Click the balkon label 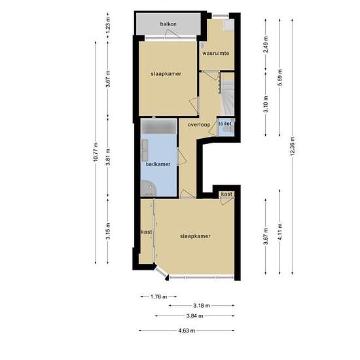pyautogui.click(x=168, y=24)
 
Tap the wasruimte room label pyautogui.click(x=215, y=53)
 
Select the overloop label pyautogui.click(x=199, y=124)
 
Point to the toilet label pyautogui.click(x=225, y=124)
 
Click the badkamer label pyautogui.click(x=158, y=164)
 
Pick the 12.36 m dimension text pyautogui.click(x=293, y=146)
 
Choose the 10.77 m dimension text pyautogui.click(x=96, y=152)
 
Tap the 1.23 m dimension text pyautogui.click(x=108, y=24)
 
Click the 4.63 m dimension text pyautogui.click(x=187, y=331)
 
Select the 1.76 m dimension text pyautogui.click(x=158, y=297)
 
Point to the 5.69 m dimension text pyautogui.click(x=279, y=77)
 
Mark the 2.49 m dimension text pyautogui.click(x=266, y=45)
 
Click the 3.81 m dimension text pyautogui.click(x=108, y=157)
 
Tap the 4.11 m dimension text pyautogui.click(x=279, y=232)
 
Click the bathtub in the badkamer pyautogui.click(x=159, y=126)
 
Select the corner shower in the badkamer pyautogui.click(x=149, y=189)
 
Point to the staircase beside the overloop pyautogui.click(x=228, y=94)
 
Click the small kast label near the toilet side pyautogui.click(x=226, y=194)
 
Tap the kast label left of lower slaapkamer pyautogui.click(x=147, y=232)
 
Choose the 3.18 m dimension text pyautogui.click(x=202, y=306)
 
